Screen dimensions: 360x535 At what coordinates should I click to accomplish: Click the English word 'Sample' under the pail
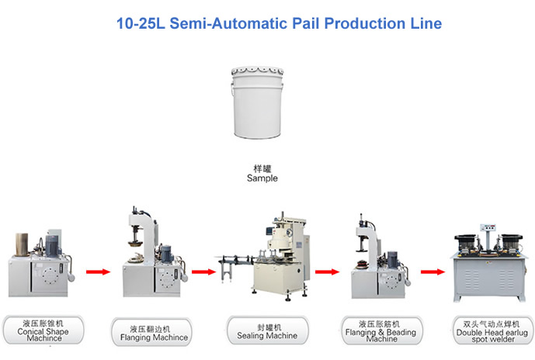click(x=262, y=178)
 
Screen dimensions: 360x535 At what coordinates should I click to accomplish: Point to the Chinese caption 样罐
click(x=262, y=167)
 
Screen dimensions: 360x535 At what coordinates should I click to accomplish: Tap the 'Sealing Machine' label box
click(x=266, y=331)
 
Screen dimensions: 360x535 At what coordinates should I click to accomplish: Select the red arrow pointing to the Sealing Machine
click(x=203, y=272)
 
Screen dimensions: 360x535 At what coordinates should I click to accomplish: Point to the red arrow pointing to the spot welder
click(x=432, y=272)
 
